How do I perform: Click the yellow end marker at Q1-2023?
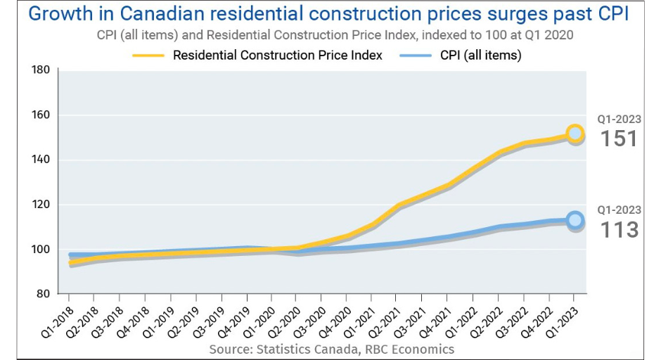coord(575,134)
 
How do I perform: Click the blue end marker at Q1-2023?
coord(575,220)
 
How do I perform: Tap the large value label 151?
coord(619,139)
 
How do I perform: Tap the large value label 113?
coord(619,229)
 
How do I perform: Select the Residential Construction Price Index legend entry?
coord(277,56)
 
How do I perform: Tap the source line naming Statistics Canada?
coord(331,349)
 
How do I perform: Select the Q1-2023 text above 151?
coord(619,119)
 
